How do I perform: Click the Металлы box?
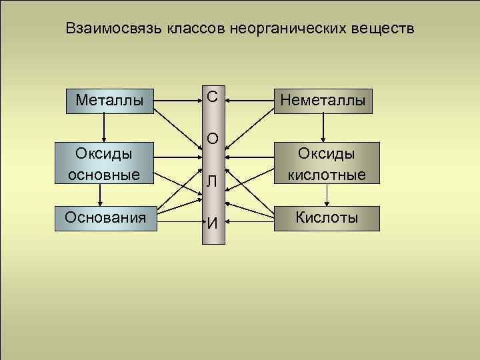click(110, 100)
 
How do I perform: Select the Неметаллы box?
click(323, 100)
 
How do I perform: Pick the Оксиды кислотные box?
click(327, 163)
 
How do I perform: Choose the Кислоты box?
click(327, 218)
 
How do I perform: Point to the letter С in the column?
click(212, 97)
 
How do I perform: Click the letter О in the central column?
click(212, 139)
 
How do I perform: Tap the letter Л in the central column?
click(212, 181)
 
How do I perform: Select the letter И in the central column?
click(212, 223)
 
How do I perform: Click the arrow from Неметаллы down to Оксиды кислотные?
click(323, 127)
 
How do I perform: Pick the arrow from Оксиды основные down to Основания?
click(100, 195)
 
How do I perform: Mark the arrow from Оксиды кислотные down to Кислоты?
click(327, 195)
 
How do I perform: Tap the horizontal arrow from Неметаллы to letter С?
click(250, 100)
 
